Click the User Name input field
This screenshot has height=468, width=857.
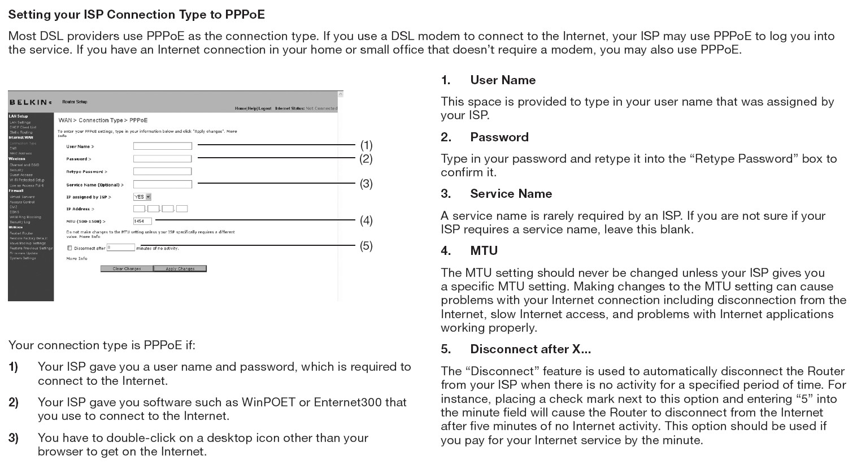click(x=163, y=146)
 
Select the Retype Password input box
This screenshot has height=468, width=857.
click(x=163, y=171)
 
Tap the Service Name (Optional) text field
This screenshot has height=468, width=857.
click(x=163, y=184)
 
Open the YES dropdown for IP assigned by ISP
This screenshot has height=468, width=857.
click(x=142, y=197)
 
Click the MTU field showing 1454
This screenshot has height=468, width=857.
click(x=142, y=221)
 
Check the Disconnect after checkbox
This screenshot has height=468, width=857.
click(x=69, y=248)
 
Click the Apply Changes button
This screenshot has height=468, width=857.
click(x=180, y=268)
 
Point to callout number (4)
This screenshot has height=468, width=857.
click(x=366, y=220)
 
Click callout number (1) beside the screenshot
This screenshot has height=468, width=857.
click(x=366, y=145)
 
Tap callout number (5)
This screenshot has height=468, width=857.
click(x=366, y=246)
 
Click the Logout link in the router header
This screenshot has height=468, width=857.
click(x=264, y=109)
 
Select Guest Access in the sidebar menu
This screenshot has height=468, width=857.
click(x=21, y=175)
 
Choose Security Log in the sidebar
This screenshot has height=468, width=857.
click(x=20, y=222)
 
